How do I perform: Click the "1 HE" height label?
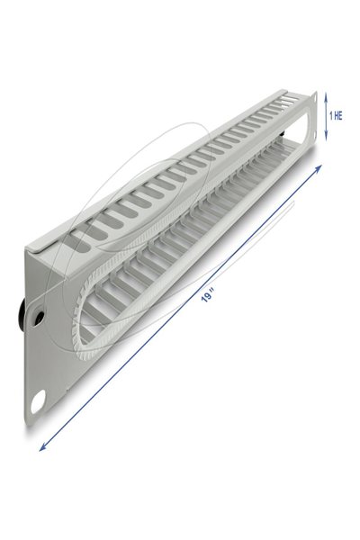coord(337,115)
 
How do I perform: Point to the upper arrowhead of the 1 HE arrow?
coord(327,93)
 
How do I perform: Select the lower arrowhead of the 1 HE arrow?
coord(327,139)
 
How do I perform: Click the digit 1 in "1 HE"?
coord(331,115)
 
